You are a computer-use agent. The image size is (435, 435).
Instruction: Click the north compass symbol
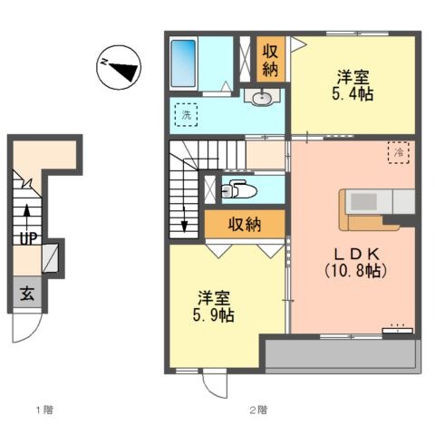click(119, 67)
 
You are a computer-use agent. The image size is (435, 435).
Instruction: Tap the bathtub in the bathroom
click(183, 63)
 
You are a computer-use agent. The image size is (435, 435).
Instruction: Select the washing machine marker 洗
click(186, 115)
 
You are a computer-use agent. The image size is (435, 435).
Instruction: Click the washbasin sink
click(262, 97)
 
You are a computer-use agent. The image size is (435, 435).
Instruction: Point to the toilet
click(239, 189)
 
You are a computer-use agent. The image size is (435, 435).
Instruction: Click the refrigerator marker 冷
click(399, 152)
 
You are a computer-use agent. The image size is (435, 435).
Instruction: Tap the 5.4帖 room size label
click(353, 94)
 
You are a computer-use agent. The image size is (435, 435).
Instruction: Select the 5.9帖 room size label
click(214, 315)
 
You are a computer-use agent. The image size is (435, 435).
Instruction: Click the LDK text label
click(356, 255)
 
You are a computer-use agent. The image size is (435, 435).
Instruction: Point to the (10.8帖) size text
click(356, 271)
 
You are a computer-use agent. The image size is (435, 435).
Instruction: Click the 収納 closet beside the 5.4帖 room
click(270, 60)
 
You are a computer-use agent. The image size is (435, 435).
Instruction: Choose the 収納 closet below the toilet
click(245, 224)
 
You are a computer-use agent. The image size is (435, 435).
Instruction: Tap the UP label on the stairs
click(29, 238)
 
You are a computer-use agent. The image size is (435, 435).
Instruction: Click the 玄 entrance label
click(27, 294)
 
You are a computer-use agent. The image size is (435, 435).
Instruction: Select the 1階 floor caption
click(44, 410)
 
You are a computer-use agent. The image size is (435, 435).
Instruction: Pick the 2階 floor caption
click(258, 410)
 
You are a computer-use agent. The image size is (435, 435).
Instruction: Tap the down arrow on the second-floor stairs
click(184, 219)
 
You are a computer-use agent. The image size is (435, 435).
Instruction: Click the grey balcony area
click(343, 354)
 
